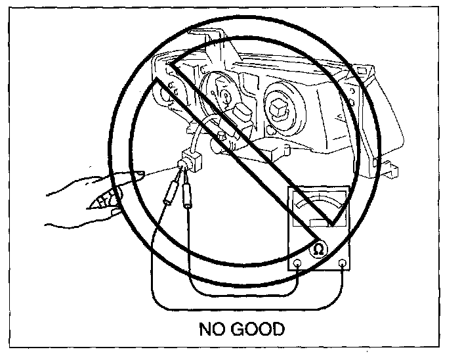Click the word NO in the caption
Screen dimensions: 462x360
point(213,328)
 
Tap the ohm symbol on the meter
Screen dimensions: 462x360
point(318,249)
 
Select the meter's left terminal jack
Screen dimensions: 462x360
point(298,263)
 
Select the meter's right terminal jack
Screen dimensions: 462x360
point(343,263)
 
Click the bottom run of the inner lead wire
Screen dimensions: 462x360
point(243,294)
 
